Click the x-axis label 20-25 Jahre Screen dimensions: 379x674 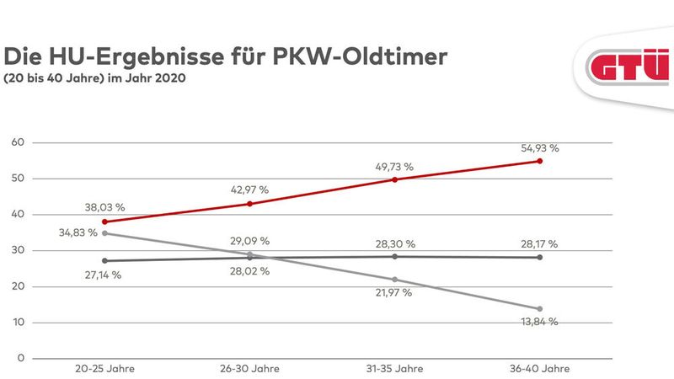(104, 369)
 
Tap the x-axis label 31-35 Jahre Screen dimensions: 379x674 (394, 369)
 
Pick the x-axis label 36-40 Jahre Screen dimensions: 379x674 (539, 369)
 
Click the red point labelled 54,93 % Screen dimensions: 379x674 (539, 161)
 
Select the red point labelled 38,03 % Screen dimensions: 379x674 (104, 222)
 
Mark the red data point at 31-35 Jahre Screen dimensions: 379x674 (394, 179)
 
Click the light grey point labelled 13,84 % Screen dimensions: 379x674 (539, 309)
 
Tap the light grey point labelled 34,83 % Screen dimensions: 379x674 (104, 233)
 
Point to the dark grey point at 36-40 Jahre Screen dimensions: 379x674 (539, 257)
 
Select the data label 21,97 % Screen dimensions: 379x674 (394, 292)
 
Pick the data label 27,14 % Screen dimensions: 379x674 (104, 275)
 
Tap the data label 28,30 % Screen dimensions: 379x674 (394, 243)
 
